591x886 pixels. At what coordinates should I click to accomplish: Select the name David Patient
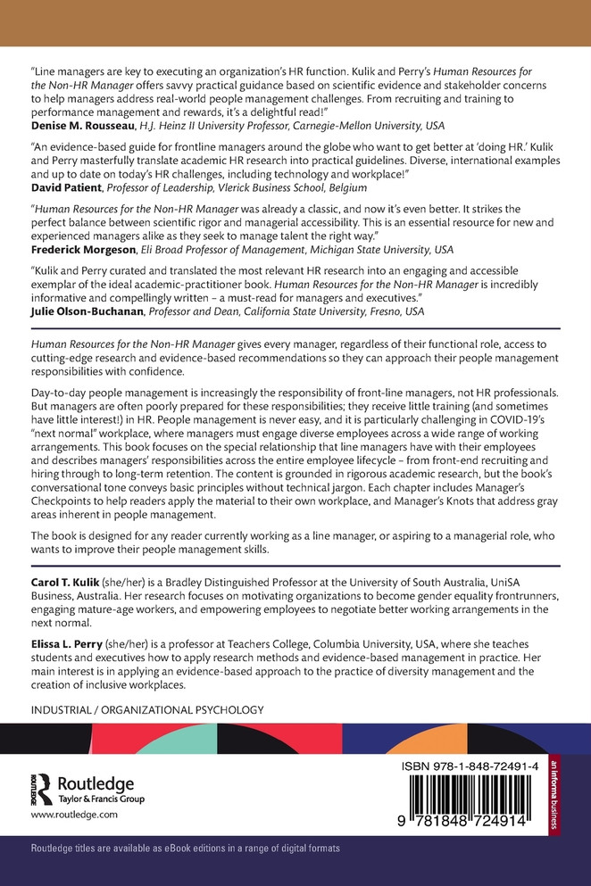[69, 190]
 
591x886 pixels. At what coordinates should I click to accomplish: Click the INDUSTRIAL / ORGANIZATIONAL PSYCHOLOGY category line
[147, 710]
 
